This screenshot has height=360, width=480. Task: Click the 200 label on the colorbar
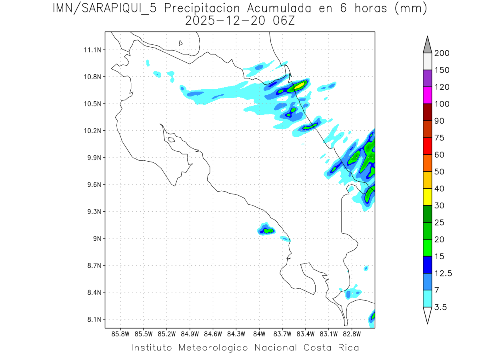pos(442,53)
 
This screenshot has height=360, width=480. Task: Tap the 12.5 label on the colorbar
pos(443,273)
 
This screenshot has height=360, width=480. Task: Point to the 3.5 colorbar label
pos(440,307)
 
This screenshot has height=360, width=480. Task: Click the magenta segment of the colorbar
pos(427,95)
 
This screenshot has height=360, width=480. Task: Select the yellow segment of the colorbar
pos(427,197)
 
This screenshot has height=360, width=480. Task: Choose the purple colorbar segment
pos(427,78)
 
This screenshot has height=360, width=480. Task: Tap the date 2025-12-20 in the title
pos(225,21)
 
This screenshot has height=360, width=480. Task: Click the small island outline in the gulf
pos(171,140)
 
